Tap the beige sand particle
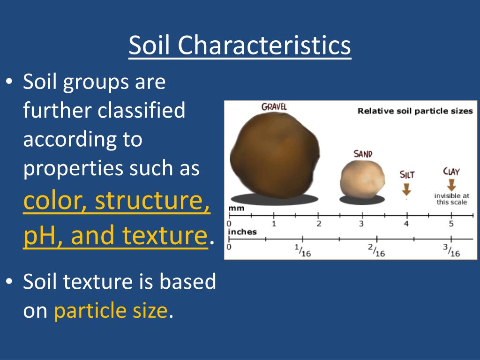[x=361, y=178]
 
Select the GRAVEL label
[x=274, y=107]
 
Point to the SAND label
[x=362, y=154]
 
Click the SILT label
[x=407, y=175]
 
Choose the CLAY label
[x=451, y=172]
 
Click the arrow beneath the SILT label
[x=406, y=189]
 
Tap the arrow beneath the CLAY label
[x=451, y=185]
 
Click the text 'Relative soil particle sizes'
[x=415, y=111]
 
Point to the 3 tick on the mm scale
[x=361, y=224]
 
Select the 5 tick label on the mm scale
[x=451, y=224]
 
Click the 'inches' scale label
[x=242, y=232]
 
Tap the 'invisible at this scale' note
[x=452, y=199]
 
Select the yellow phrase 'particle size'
[x=111, y=311]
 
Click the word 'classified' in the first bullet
[x=142, y=111]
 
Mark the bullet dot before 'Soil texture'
[x=9, y=282]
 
